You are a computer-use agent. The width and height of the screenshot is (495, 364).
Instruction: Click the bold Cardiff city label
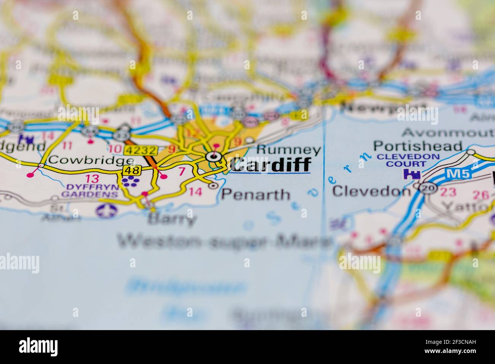coord(270,164)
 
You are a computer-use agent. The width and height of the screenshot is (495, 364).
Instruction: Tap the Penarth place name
coord(255,195)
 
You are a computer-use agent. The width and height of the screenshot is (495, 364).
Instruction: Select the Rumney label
coord(289,150)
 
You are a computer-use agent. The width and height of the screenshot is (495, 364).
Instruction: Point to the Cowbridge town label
coord(91,160)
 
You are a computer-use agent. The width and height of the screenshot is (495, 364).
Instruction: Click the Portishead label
coord(418,146)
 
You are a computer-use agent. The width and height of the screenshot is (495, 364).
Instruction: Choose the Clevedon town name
coord(370,190)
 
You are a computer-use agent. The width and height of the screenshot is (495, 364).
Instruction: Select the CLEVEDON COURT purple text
coord(408,160)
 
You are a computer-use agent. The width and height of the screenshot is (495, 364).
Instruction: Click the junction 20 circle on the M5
coord(429,188)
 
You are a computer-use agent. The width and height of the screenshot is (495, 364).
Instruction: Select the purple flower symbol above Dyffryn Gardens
coord(132,182)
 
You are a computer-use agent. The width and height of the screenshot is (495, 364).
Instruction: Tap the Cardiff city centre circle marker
coord(214,156)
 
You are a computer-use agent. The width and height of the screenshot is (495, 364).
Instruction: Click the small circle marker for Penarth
coord(213,186)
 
